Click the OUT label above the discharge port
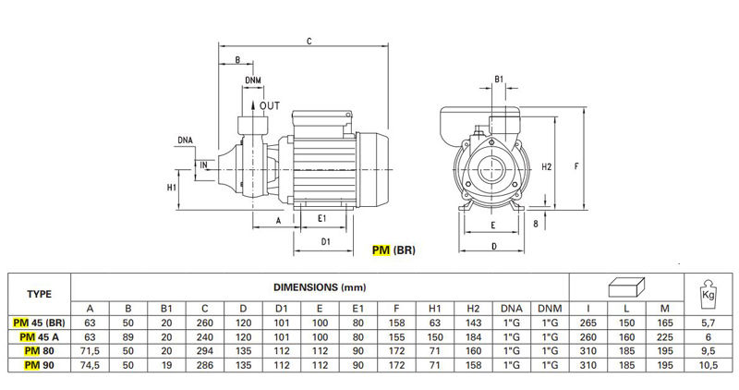coord(270,106)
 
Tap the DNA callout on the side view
coord(186,140)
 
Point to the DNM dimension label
coord(253,80)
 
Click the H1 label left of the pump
coord(172,188)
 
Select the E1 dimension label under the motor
coord(321,218)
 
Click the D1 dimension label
coord(326,241)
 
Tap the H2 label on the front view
coord(547,166)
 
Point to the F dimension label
coord(576,166)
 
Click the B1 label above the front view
coord(499,79)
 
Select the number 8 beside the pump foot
coord(536,224)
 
